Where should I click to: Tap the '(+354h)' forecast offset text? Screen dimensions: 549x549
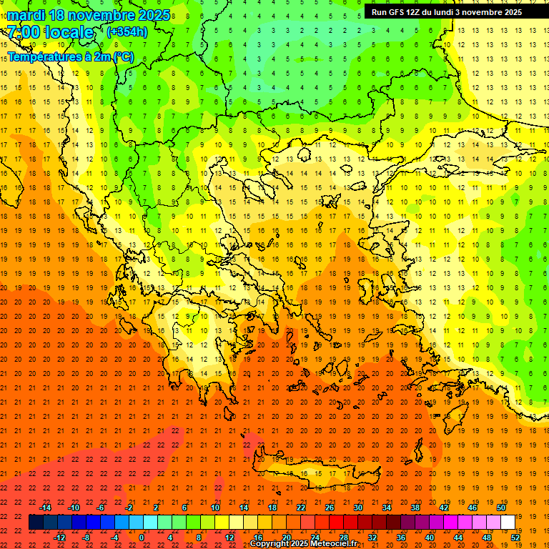point(127,31)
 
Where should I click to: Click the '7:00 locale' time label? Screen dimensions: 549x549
point(50,32)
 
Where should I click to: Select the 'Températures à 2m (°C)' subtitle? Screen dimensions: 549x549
point(70,56)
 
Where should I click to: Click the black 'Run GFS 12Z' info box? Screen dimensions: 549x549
point(446,12)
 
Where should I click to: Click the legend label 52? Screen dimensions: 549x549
point(515,538)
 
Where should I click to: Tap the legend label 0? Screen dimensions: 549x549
point(142,538)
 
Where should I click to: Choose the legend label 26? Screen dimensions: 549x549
point(330,508)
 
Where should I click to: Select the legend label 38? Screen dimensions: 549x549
point(415,508)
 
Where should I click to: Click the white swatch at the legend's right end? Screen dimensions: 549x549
point(508,523)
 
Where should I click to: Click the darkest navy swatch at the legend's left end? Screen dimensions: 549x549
point(36,523)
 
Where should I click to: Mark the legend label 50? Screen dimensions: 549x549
point(500,508)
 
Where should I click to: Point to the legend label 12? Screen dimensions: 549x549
point(229,538)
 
